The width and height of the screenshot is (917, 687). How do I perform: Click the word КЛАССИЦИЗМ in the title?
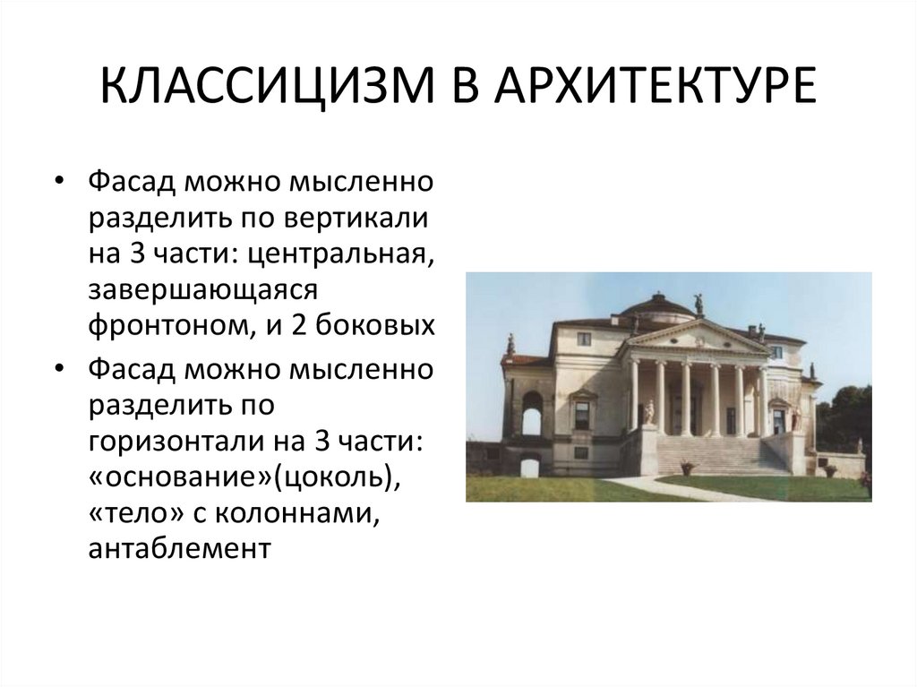[x=267, y=85]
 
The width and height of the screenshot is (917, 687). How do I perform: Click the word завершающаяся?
[x=203, y=291]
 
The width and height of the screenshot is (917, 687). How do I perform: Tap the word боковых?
[x=375, y=326]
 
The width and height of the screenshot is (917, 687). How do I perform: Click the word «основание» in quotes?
[x=178, y=477]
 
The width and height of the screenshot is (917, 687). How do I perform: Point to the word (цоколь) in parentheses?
[x=335, y=478]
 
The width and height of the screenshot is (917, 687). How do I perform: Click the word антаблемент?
[x=179, y=549]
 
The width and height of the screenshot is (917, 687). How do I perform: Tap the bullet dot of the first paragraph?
[x=59, y=183]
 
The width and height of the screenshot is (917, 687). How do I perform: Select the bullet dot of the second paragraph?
[x=59, y=369]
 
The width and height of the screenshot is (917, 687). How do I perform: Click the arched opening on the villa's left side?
[x=532, y=414]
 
